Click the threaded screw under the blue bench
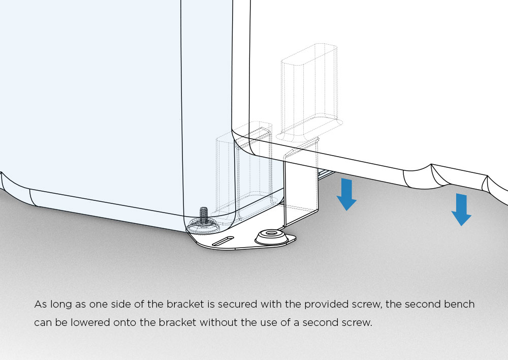click(204, 215)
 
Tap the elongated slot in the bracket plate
click(223, 241)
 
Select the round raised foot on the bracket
click(271, 237)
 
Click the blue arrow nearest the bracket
click(346, 194)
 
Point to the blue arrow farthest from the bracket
click(461, 209)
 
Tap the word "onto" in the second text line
click(125, 323)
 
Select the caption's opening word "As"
click(40, 305)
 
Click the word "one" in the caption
click(99, 305)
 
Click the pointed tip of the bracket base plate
click(296, 238)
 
